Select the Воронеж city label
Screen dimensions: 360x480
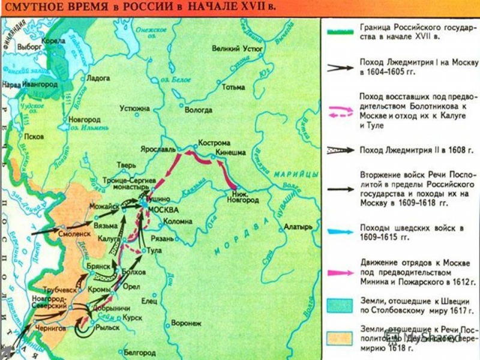[x=187, y=322]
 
